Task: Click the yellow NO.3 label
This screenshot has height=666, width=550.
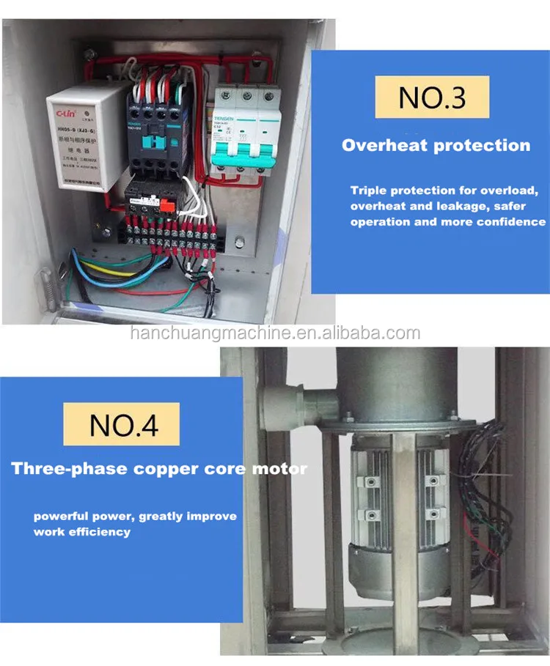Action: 431,97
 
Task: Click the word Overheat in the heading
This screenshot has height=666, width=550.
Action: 386,145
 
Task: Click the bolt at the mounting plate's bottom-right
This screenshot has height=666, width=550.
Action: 240,240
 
